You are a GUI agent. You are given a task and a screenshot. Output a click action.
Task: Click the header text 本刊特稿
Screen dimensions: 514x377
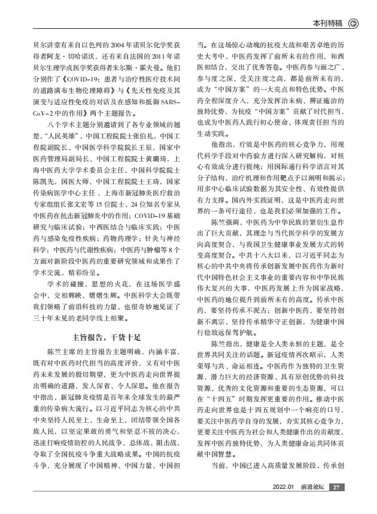click(328, 24)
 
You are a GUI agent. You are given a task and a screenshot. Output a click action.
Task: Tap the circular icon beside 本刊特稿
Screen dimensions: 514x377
click(354, 24)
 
